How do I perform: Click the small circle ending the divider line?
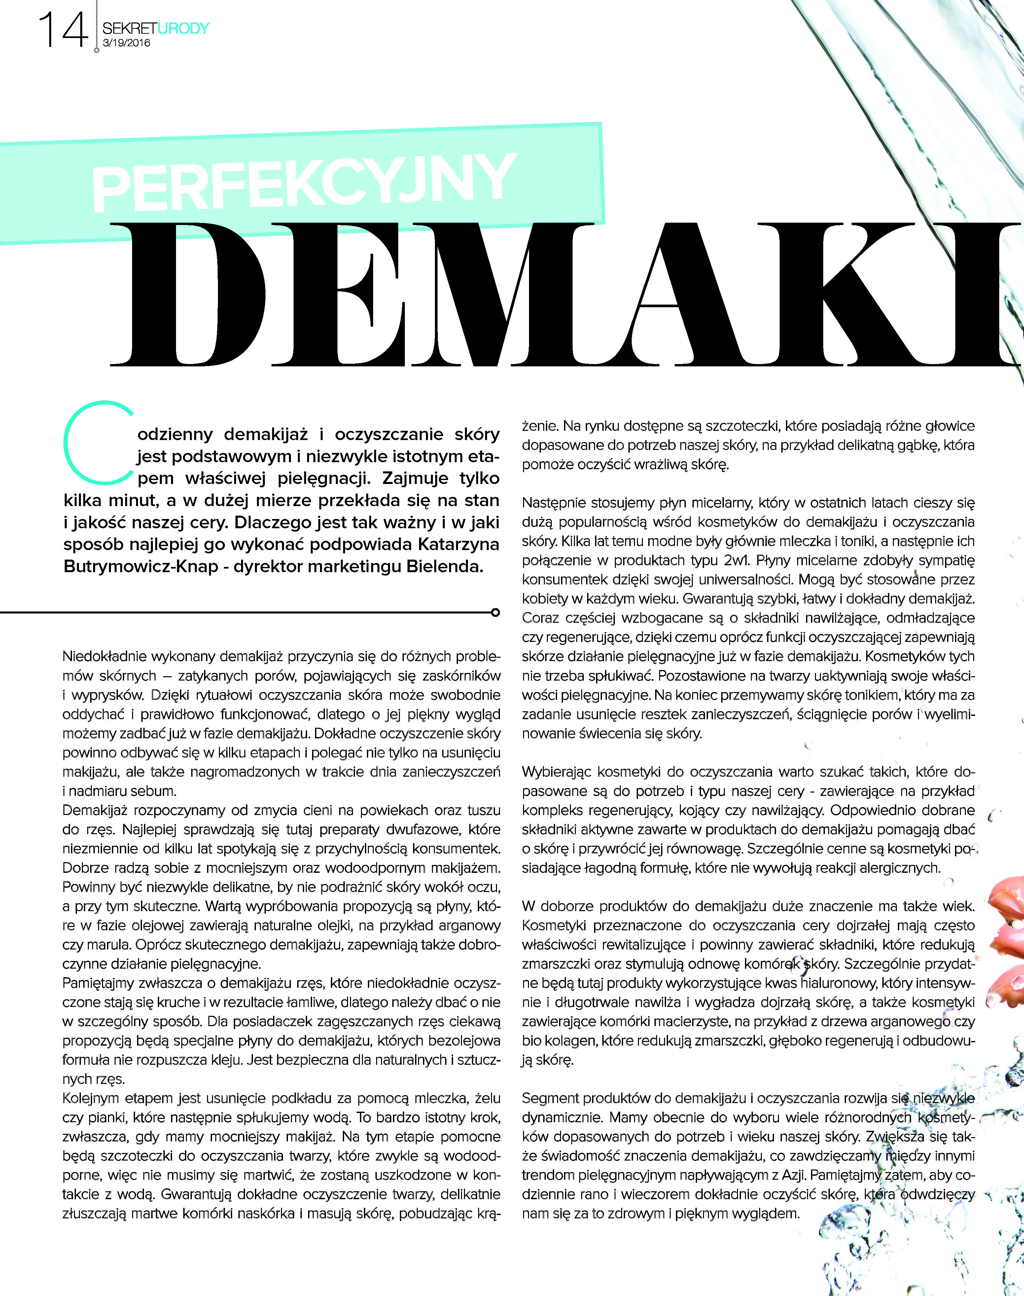495,612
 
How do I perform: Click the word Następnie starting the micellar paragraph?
553,502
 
